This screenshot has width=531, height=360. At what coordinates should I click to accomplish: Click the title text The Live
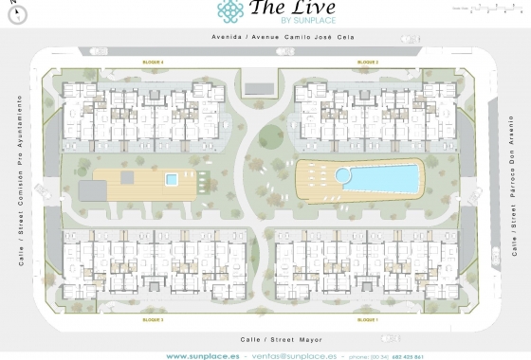click(288, 9)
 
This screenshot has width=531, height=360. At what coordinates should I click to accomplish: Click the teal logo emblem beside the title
click(230, 9)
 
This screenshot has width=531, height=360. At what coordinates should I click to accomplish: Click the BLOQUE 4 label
click(154, 62)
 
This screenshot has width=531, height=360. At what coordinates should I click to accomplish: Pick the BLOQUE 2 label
click(368, 62)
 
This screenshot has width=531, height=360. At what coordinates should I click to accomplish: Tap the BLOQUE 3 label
click(154, 321)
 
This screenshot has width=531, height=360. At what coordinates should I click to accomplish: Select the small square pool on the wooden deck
click(172, 178)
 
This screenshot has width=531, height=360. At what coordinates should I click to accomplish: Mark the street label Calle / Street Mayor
click(265, 336)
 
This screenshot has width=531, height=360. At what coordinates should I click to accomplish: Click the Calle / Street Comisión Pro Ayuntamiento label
click(19, 180)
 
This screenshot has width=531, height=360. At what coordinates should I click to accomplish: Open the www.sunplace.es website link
click(202, 355)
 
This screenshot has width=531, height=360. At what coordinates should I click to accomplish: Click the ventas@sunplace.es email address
click(293, 355)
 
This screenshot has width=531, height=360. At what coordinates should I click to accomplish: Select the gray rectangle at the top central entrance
click(258, 88)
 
